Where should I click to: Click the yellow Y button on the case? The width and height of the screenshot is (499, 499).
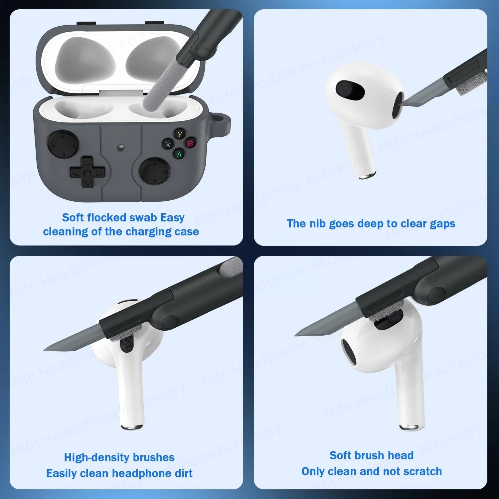click(180, 134)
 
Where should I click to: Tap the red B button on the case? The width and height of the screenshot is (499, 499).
click(191, 143)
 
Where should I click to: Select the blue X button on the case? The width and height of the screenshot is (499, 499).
click(168, 145)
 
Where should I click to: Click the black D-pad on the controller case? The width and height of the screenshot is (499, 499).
click(86, 172)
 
